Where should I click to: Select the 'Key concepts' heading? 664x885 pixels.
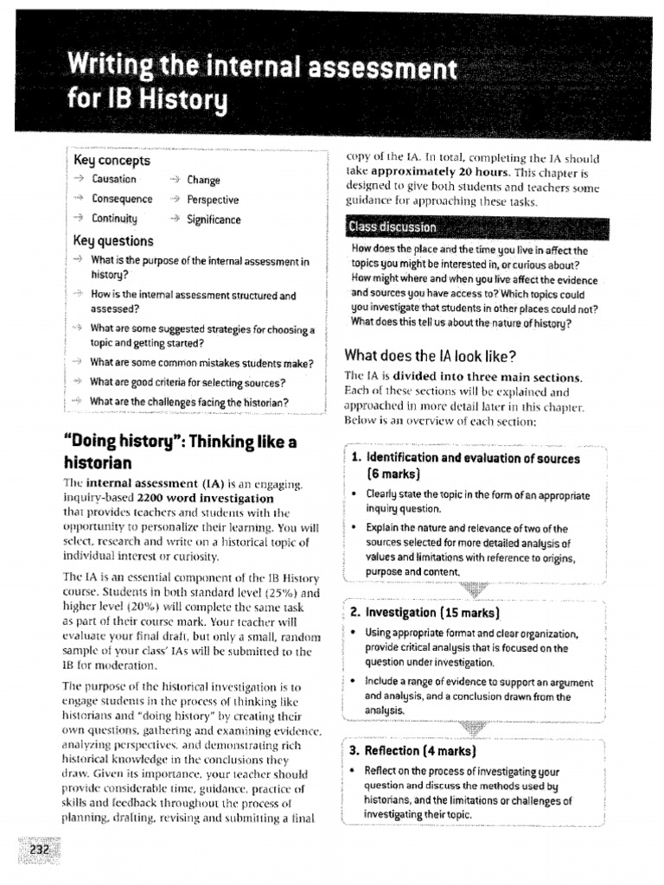(112, 161)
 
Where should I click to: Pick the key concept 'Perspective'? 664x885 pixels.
(213, 200)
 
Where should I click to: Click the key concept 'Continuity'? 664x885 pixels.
(115, 220)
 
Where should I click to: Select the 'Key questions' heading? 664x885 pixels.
(113, 241)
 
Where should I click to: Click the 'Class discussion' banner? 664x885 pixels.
(392, 228)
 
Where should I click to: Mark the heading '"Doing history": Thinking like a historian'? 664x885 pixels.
(180, 451)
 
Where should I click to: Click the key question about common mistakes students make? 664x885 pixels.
(201, 363)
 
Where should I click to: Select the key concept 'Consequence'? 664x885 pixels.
(122, 200)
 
